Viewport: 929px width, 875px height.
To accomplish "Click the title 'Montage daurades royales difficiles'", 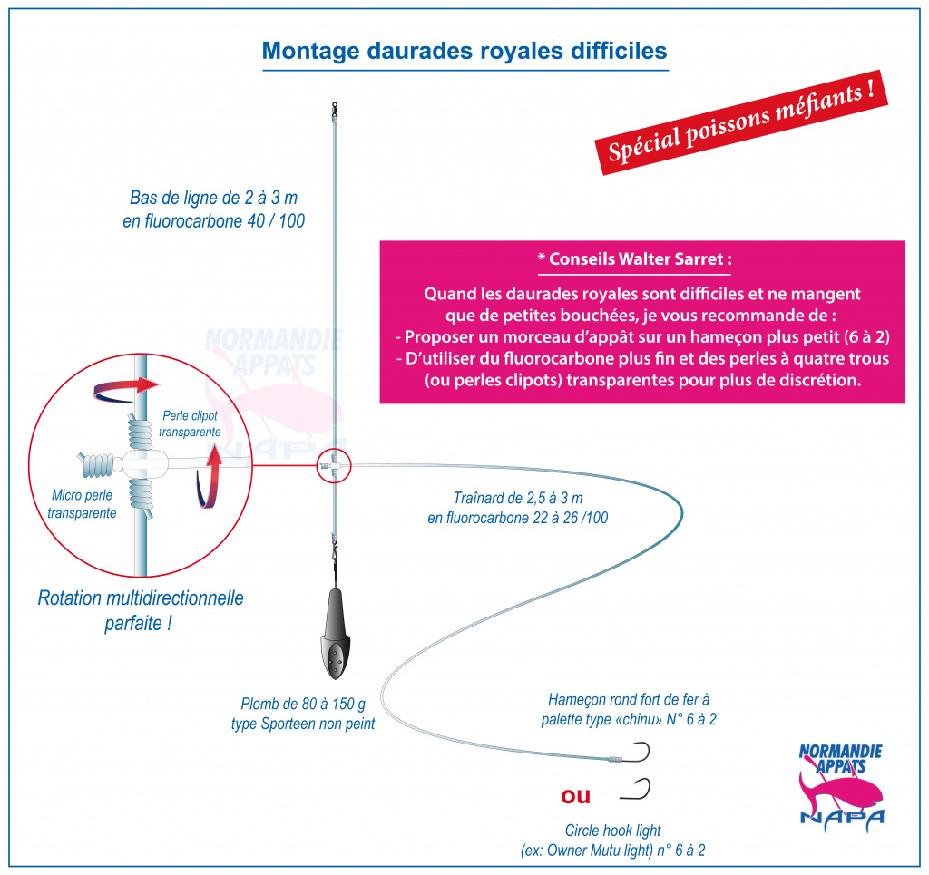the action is [x=464, y=51].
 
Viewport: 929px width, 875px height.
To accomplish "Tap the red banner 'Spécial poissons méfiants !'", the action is [x=741, y=122].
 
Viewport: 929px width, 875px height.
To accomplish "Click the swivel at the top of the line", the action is [x=335, y=109].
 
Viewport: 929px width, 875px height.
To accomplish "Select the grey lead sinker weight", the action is [x=335, y=634].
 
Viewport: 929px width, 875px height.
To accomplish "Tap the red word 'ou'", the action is [x=575, y=796].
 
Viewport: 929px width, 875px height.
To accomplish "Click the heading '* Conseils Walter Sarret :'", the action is [x=634, y=259].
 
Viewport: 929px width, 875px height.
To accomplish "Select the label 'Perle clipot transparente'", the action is [x=190, y=423].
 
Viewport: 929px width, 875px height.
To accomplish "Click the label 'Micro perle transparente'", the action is [x=82, y=504].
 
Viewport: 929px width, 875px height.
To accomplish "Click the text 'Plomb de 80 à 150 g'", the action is [x=303, y=704].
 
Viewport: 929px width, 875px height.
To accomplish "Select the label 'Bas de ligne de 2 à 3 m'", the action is [x=213, y=197].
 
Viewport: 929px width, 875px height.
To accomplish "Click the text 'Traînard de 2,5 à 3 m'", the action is [x=518, y=498].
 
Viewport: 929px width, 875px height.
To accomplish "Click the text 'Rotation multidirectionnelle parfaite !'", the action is [x=141, y=609].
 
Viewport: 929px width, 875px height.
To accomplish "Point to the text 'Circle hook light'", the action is [x=612, y=831].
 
